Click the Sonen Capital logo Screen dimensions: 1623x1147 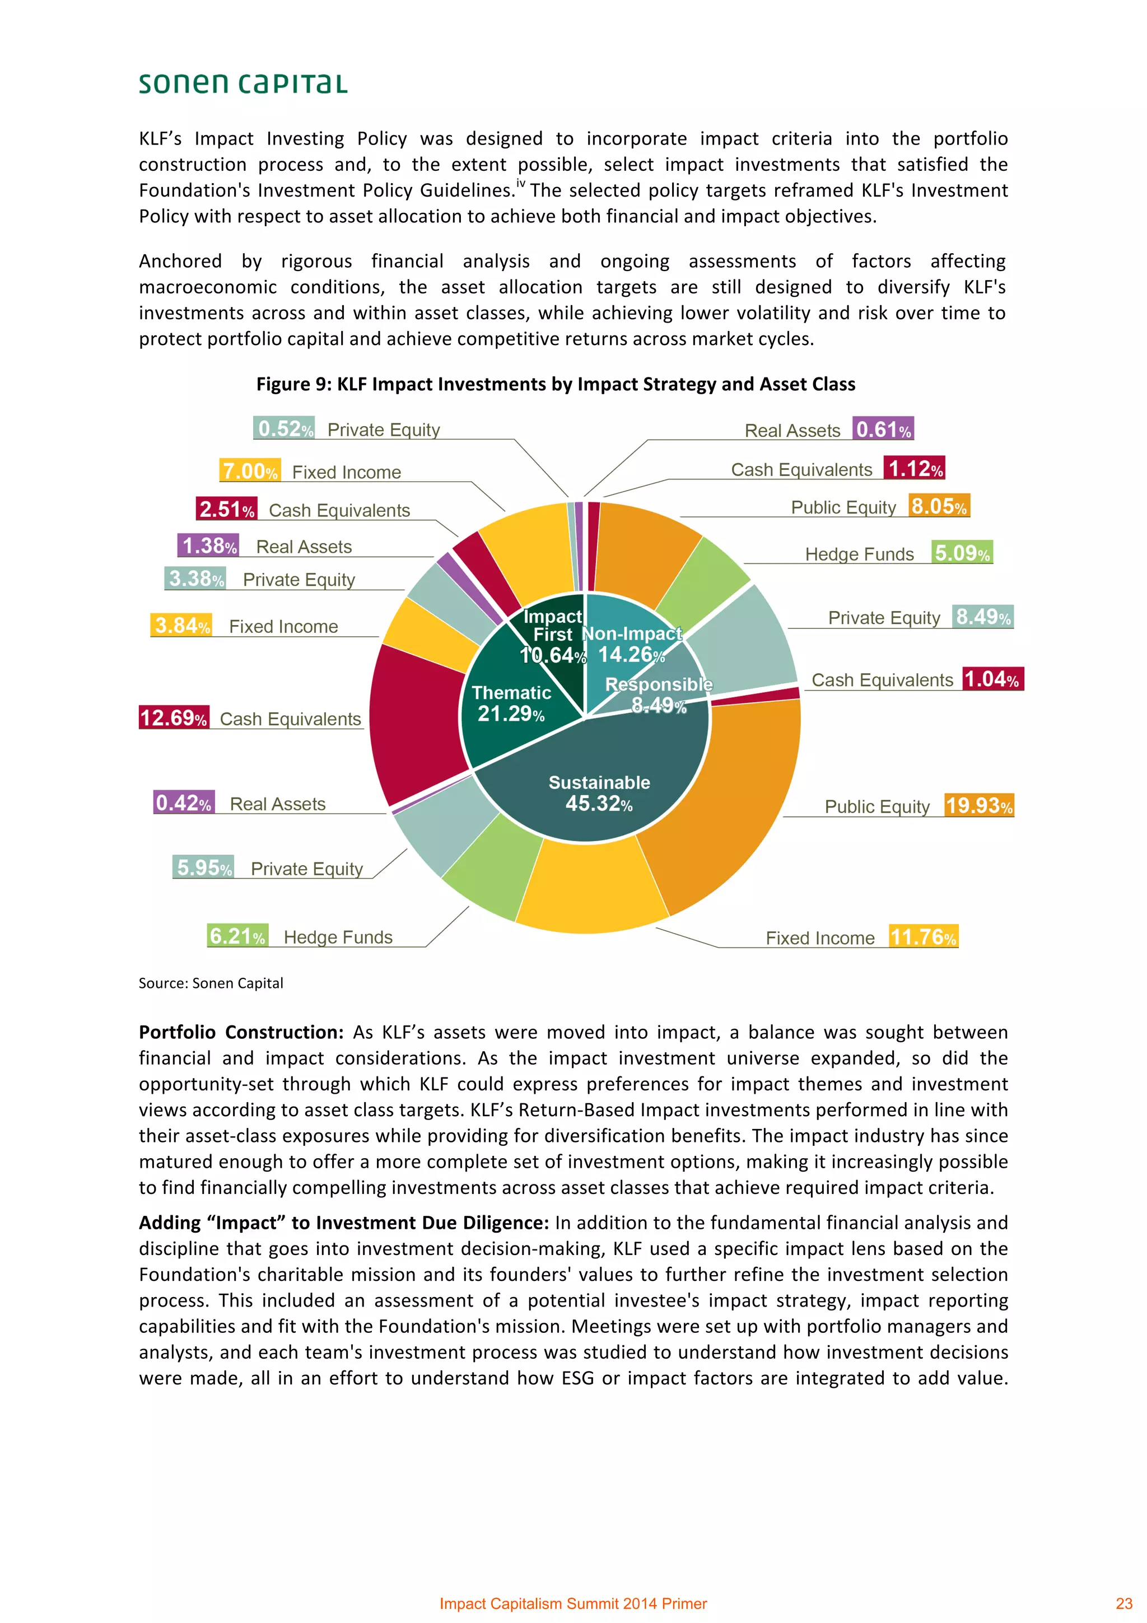click(243, 83)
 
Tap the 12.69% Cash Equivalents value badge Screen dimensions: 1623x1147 click(174, 717)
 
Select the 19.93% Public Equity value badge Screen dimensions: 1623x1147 click(979, 805)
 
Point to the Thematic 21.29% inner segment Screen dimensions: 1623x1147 click(510, 703)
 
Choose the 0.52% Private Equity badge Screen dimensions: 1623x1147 click(284, 428)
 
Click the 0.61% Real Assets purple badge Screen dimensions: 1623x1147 click(883, 429)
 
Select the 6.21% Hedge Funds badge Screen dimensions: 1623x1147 click(237, 936)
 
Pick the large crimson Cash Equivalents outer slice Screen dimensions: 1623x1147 click(417, 721)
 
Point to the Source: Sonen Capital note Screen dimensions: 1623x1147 click(211, 983)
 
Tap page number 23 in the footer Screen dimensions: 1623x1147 click(1123, 1603)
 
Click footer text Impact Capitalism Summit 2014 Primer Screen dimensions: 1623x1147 click(573, 1603)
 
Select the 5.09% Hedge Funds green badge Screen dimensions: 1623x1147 click(962, 552)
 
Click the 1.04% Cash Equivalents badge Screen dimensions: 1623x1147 click(992, 679)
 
